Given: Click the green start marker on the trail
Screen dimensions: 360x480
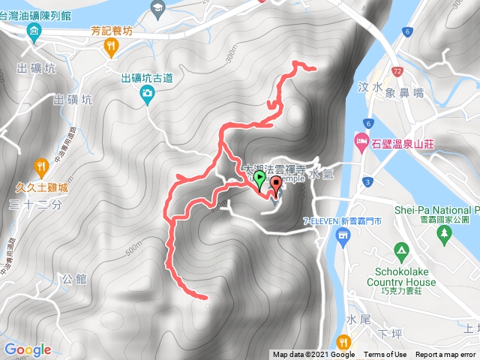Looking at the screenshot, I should click(x=259, y=179).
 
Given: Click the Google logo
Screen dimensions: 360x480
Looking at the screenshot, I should click(x=27, y=349).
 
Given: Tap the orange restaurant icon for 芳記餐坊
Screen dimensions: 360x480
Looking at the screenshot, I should click(x=111, y=46).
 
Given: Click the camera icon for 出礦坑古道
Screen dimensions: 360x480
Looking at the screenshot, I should click(x=147, y=93).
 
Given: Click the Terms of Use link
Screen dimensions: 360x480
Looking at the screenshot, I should click(x=385, y=355).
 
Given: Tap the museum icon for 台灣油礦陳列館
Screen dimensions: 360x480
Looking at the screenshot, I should click(x=34, y=31).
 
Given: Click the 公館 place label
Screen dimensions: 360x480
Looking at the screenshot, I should click(x=76, y=279).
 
